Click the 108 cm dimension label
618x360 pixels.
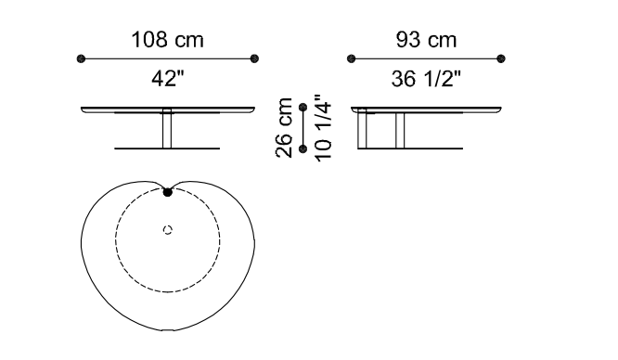(x=168, y=40)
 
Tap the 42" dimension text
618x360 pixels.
(x=168, y=78)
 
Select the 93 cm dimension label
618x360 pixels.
(x=426, y=40)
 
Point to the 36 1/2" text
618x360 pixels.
(x=426, y=78)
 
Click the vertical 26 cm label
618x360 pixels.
(x=284, y=128)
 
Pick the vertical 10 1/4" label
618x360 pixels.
(x=323, y=127)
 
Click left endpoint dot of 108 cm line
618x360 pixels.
(x=81, y=58)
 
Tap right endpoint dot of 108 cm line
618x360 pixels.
(x=254, y=58)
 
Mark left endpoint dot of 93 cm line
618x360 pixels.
(x=351, y=58)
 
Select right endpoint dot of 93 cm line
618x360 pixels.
(x=501, y=58)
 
